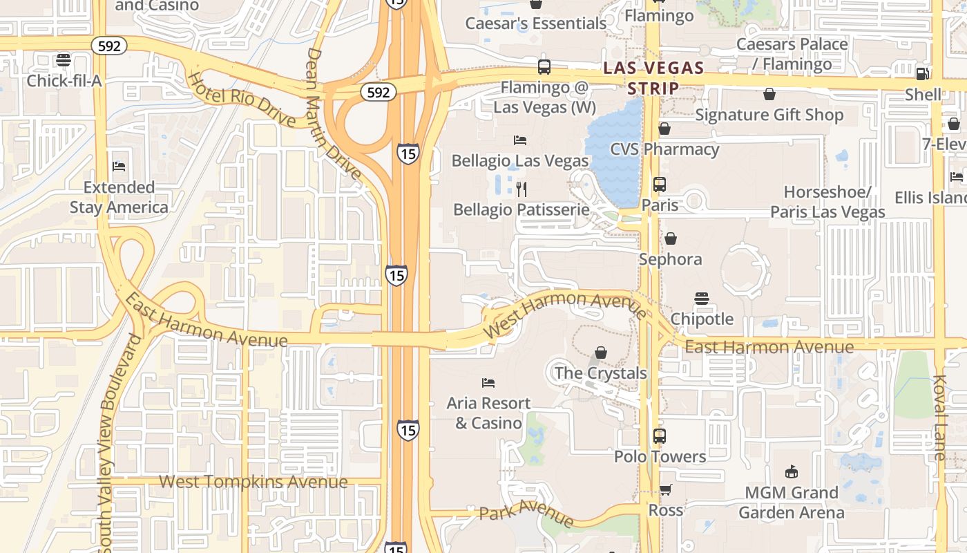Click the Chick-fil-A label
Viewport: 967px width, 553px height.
point(64,81)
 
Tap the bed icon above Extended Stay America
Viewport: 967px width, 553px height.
point(119,167)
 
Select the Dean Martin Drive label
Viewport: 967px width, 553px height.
point(333,113)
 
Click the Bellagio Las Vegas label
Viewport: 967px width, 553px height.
point(520,160)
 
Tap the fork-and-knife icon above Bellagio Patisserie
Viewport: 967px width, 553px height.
point(522,189)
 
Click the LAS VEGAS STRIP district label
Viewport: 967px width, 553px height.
point(653,78)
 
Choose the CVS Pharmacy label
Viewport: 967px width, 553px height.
point(664,149)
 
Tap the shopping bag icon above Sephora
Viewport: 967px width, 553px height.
point(670,238)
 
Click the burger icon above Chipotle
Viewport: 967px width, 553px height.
point(702,299)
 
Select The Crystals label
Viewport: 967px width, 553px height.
point(600,373)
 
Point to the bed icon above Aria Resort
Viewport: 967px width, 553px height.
point(488,382)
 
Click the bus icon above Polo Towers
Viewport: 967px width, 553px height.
point(660,436)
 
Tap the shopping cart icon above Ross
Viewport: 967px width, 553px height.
point(665,490)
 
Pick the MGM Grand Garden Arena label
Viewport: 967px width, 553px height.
point(792,503)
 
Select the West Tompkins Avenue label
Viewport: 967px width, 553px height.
point(253,482)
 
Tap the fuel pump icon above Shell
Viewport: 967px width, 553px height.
point(922,74)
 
